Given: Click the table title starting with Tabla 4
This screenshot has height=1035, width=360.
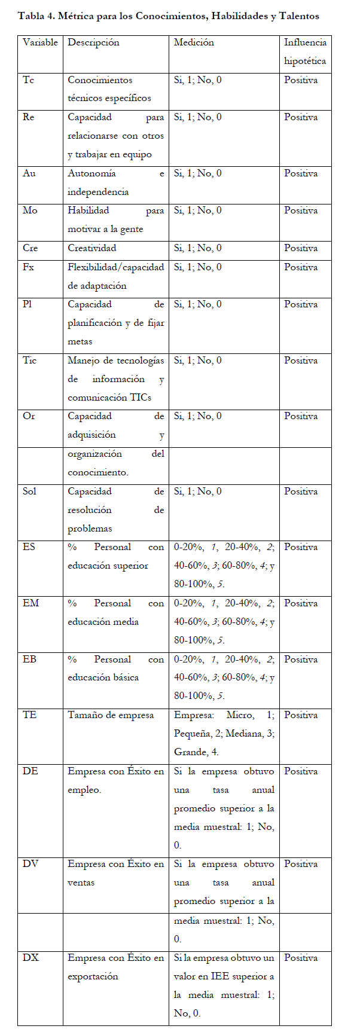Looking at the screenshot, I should [x=169, y=16].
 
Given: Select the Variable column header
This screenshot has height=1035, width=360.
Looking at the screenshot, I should [x=40, y=42].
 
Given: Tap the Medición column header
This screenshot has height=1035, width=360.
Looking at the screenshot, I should [x=194, y=42].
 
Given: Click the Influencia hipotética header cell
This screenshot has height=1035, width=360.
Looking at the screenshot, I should [x=305, y=51].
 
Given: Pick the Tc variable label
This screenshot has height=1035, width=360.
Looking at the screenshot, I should [x=29, y=80].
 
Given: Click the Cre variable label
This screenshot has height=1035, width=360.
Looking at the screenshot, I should [x=30, y=248].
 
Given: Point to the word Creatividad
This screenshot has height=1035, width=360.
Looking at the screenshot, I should [x=92, y=248].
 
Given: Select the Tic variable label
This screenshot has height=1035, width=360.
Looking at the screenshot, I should [x=30, y=361].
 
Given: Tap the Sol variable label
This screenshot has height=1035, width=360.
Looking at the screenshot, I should [x=29, y=491].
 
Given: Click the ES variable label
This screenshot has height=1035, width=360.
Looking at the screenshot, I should [x=29, y=547].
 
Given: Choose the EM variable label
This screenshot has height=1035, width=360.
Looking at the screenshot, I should [x=30, y=603].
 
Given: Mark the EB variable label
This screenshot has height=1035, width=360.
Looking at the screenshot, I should [x=29, y=660].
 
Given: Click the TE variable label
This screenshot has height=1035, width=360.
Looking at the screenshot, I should [x=29, y=715].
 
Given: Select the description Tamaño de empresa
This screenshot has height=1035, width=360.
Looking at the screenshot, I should [x=111, y=715].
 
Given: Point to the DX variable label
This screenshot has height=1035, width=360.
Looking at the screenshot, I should [x=30, y=958].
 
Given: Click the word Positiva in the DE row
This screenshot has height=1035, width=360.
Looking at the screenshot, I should [x=301, y=771].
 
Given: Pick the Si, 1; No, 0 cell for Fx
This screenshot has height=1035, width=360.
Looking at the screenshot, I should [x=198, y=267].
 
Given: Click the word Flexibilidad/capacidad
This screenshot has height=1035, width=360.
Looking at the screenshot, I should [x=115, y=267].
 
